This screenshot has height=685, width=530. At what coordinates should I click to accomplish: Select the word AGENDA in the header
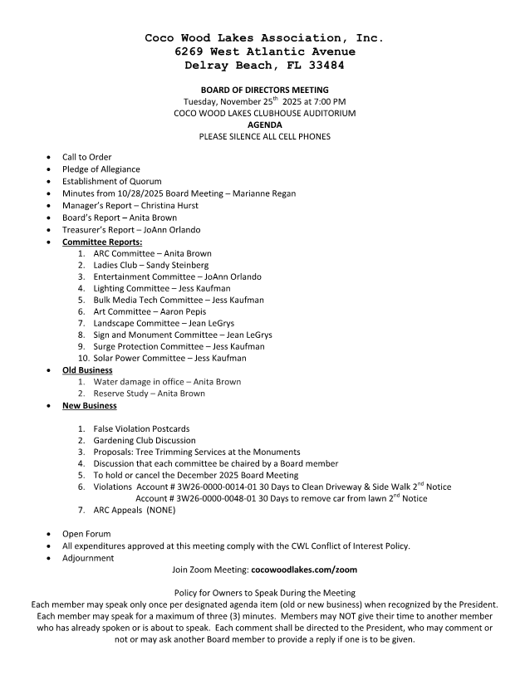(264, 125)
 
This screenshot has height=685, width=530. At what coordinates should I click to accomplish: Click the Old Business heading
(87, 370)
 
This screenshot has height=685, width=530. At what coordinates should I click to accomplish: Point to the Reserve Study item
(122, 394)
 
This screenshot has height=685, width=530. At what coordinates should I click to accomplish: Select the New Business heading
(90, 406)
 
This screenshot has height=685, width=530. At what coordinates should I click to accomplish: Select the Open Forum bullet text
(86, 534)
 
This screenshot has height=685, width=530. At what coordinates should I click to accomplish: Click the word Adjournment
(88, 558)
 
